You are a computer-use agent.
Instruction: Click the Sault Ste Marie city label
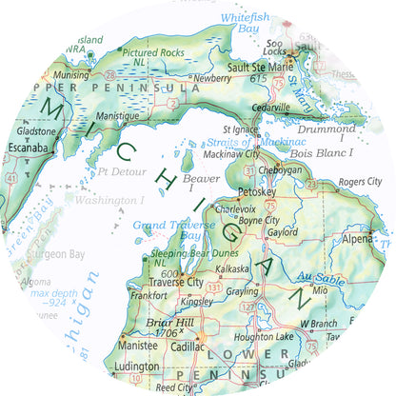click(259, 68)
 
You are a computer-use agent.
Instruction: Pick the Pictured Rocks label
click(154, 52)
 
